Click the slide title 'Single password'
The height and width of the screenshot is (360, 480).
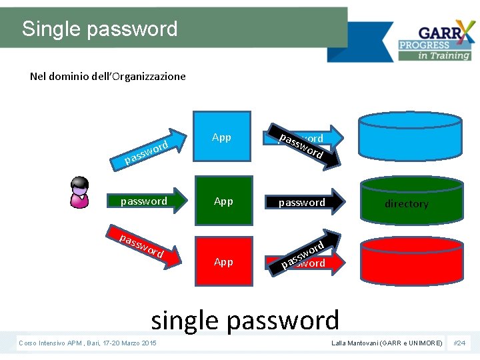click(x=100, y=29)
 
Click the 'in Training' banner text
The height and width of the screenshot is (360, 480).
click(x=444, y=56)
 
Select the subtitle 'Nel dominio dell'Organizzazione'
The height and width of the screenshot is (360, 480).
click(x=108, y=76)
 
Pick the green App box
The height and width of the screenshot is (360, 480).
click(x=224, y=201)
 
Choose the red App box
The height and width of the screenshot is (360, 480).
click(x=224, y=261)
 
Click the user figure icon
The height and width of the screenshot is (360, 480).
click(x=79, y=192)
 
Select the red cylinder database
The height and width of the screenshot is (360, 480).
click(x=406, y=267)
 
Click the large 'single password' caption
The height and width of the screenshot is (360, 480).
click(x=245, y=320)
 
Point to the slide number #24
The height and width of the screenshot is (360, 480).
click(x=459, y=343)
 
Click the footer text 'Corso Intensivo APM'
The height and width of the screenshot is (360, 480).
click(x=87, y=343)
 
